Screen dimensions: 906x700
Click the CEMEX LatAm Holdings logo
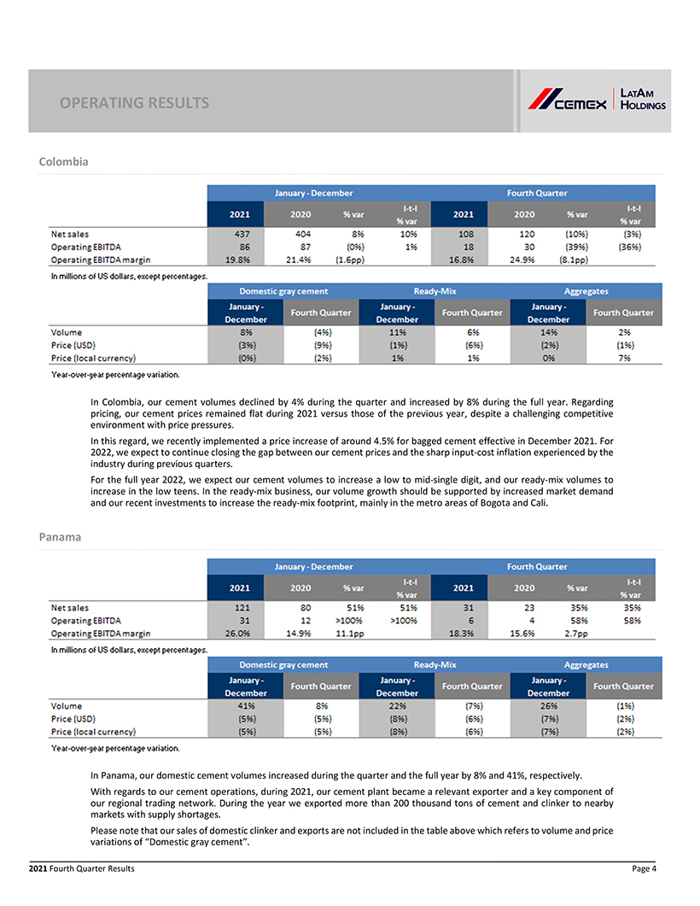click(x=596, y=100)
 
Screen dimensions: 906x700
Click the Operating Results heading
click(x=134, y=103)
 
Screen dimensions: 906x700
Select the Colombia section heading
click(x=64, y=161)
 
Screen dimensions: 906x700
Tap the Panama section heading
click(x=60, y=537)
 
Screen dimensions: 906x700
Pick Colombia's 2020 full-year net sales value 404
click(x=300, y=232)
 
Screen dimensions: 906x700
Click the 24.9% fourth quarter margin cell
click(x=524, y=260)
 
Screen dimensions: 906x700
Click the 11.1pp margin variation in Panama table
click(x=352, y=634)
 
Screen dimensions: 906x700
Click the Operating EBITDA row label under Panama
click(x=87, y=621)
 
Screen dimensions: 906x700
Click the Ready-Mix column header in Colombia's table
click(x=434, y=290)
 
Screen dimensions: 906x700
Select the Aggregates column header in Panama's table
click(x=586, y=664)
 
